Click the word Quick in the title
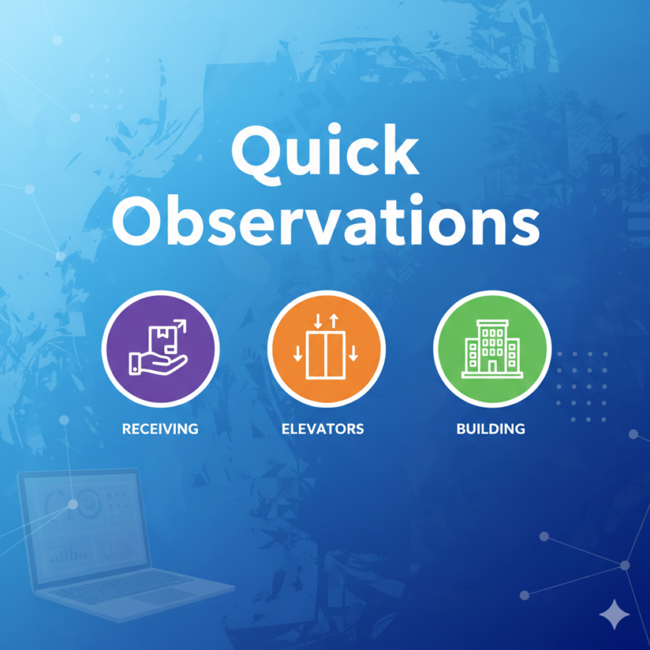pos(325,154)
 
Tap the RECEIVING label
pos(161,428)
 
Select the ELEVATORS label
pos(323,428)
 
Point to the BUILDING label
pos(491,428)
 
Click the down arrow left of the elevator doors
pos(298,353)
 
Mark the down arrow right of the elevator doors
pos(353,353)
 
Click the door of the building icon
pos(492,367)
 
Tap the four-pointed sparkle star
pos(615,614)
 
